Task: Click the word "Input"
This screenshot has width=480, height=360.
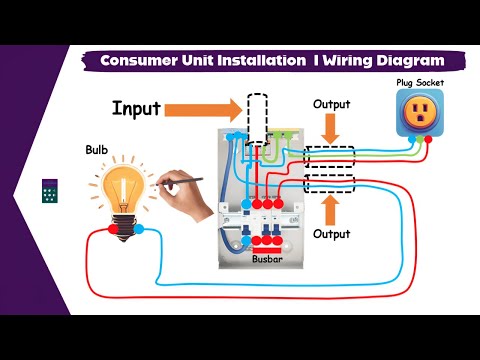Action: (x=135, y=107)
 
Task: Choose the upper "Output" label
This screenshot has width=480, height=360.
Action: (x=332, y=104)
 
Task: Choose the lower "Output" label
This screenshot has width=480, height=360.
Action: (x=332, y=233)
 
